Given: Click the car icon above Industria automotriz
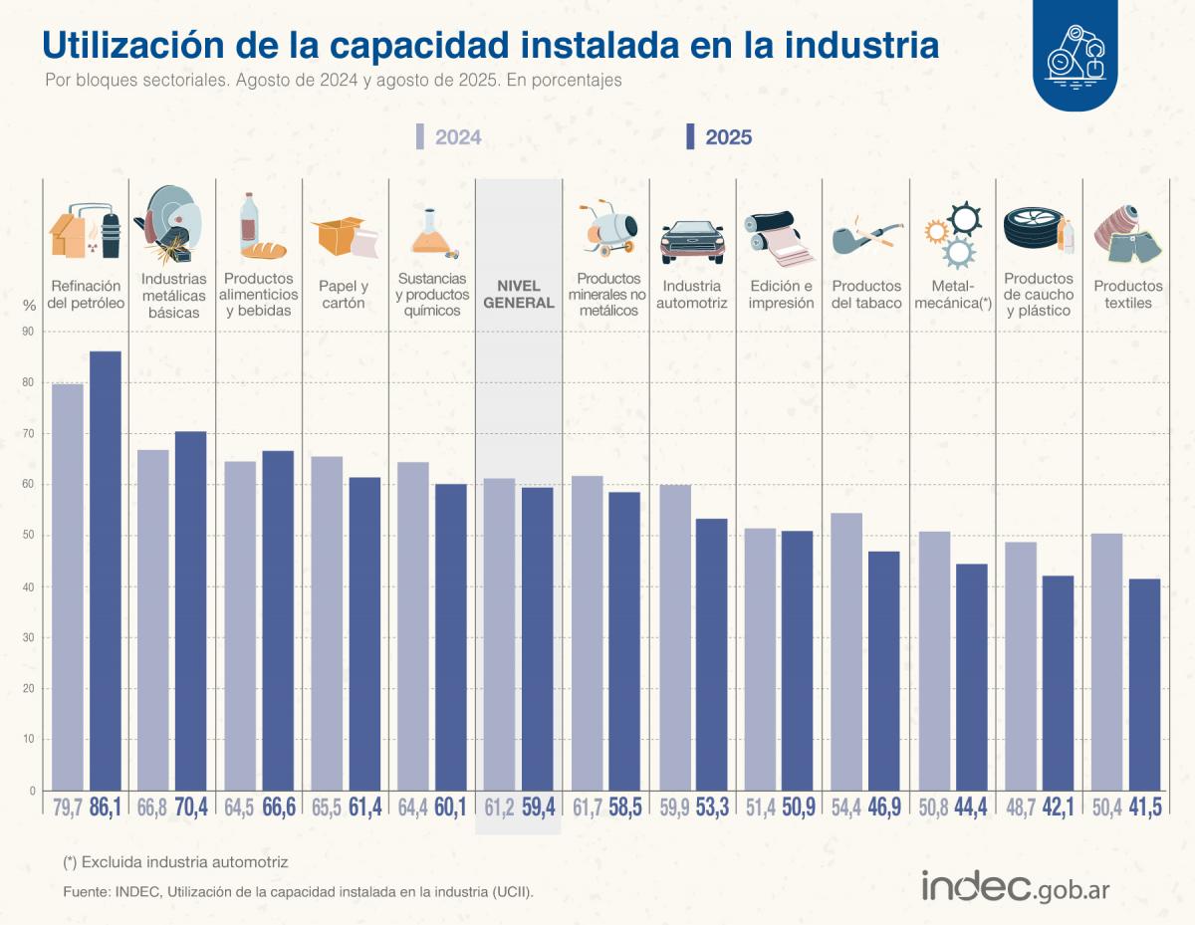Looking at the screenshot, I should [693, 240].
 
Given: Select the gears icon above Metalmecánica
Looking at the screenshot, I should [953, 235].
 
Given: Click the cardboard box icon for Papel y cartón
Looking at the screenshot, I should [344, 236].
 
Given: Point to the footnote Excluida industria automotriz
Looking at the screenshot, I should [175, 861].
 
